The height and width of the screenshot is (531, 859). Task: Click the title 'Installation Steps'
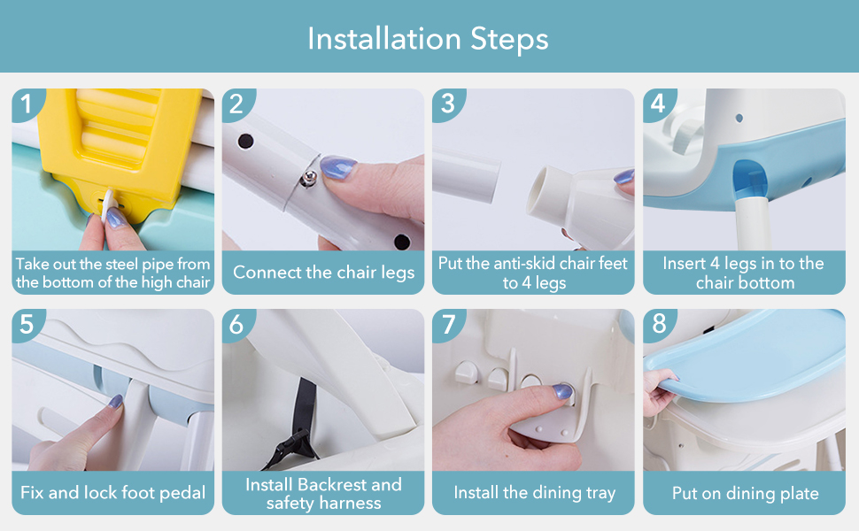(428, 39)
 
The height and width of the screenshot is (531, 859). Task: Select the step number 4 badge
(658, 104)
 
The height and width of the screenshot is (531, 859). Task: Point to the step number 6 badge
(236, 325)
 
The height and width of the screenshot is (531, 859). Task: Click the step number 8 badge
(659, 324)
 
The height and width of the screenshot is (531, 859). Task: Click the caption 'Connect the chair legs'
(323, 273)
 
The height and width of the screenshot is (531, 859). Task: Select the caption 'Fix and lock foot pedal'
(112, 493)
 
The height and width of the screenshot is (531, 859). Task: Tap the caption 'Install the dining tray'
(534, 493)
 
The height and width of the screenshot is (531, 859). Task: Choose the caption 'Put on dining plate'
(745, 494)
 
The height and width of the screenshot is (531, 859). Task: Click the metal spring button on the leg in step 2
(310, 177)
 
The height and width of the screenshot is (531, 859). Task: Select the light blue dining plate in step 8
(744, 356)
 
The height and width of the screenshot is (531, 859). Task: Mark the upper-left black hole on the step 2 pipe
(245, 142)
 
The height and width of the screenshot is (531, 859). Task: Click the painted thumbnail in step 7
(562, 391)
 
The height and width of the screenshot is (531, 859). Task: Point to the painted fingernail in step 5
(115, 402)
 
